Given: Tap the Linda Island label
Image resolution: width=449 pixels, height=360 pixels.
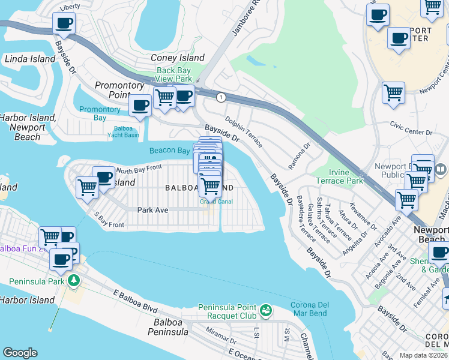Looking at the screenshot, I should point(29,59).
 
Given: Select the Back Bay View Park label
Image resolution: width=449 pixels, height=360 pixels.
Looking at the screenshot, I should point(174,74).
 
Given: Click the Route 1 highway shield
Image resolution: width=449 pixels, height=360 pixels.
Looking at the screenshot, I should point(221,97).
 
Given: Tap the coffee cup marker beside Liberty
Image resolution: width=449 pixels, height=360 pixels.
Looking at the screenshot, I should point(64,24).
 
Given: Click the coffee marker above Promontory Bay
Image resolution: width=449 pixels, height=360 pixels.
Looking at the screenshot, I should point(140,106).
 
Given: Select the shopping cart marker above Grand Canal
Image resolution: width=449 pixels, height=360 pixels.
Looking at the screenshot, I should point(210,186).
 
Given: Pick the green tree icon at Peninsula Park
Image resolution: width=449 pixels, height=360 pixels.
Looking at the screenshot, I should point(73,280).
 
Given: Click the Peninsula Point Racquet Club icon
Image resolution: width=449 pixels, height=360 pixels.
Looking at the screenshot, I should point(265,311).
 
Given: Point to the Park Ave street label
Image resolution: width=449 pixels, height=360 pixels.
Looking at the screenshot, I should point(152,210).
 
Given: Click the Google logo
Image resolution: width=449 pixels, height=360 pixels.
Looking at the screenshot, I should point(20,353).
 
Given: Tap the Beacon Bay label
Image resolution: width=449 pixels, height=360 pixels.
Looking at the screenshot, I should point(169,151).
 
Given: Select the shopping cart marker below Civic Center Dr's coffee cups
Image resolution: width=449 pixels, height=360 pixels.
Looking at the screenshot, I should point(393,94).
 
